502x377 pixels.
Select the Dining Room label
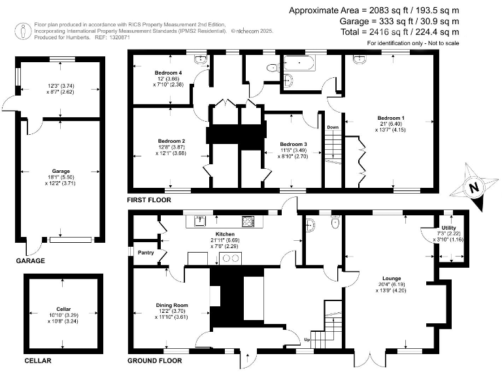point(172,305)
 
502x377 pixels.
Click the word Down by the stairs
point(333,127)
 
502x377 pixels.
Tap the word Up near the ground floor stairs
point(308,340)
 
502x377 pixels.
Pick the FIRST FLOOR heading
point(150,200)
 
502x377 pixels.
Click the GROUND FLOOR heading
point(154,361)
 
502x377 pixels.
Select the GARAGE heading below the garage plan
point(30,260)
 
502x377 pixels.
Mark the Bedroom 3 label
point(293,144)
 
